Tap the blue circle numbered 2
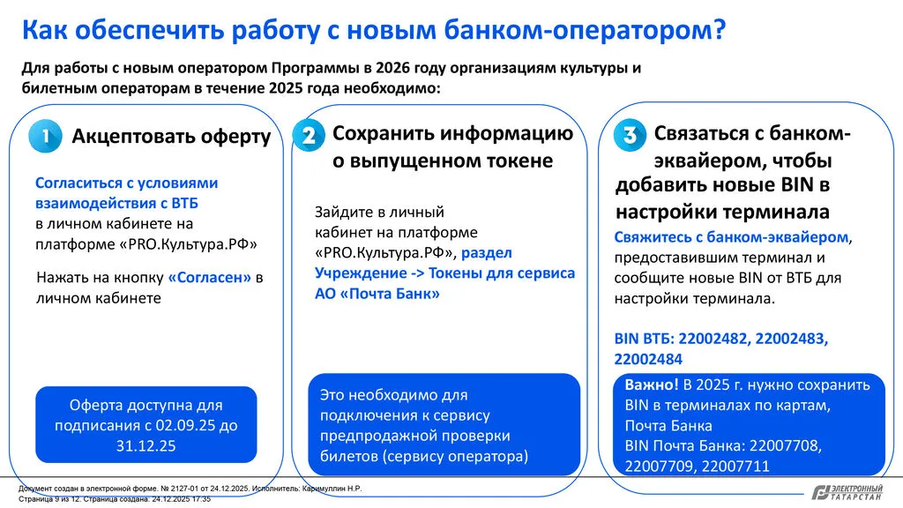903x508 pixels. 309,136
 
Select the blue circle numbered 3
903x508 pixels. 630,136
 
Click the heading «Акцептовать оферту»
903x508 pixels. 171,137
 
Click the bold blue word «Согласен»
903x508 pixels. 209,278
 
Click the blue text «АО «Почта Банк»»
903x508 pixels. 377,294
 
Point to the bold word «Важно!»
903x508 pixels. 652,385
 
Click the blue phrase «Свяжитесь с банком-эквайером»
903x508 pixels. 732,238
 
